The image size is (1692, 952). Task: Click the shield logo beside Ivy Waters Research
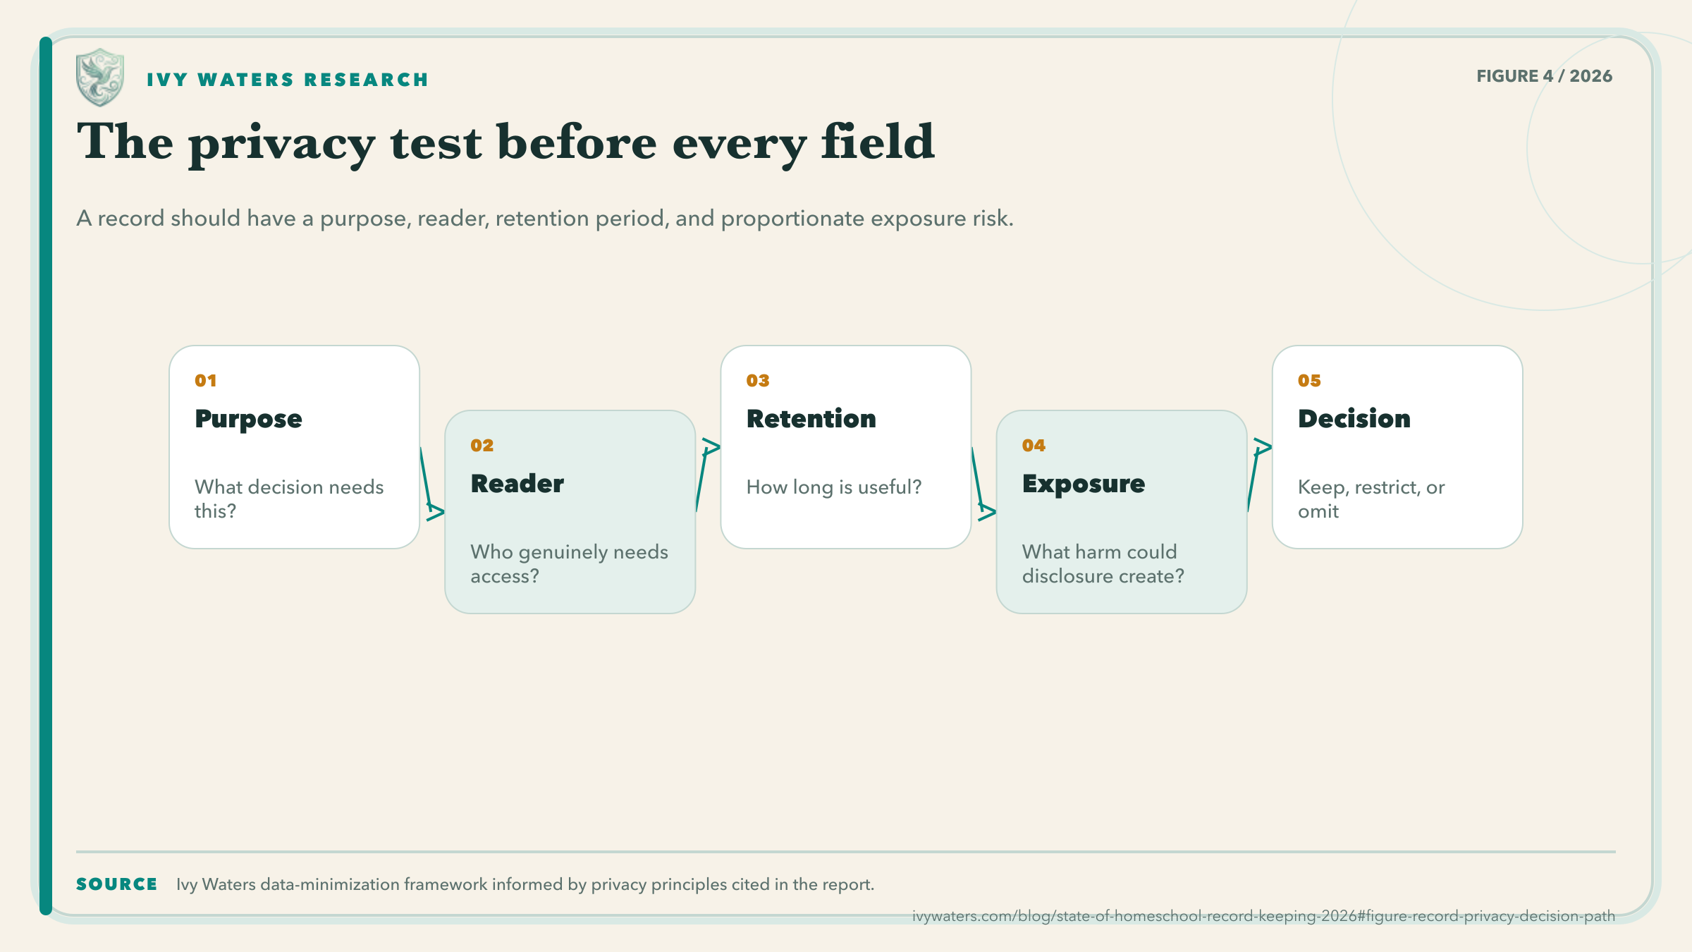pyautogui.click(x=100, y=77)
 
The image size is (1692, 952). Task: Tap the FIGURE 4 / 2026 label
pyautogui.click(x=1544, y=76)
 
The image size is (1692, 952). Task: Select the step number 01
pyautogui.click(x=206, y=381)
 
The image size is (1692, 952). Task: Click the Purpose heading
pyautogui.click(x=248, y=420)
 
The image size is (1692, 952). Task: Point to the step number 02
pyautogui.click(x=482, y=446)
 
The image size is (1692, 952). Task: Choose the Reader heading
pyautogui.click(x=517, y=484)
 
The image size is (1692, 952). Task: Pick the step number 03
pyautogui.click(x=758, y=381)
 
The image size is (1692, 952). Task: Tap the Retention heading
pyautogui.click(x=811, y=419)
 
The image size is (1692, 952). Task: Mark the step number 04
pyautogui.click(x=1034, y=446)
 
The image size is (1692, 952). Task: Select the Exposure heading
pyautogui.click(x=1084, y=484)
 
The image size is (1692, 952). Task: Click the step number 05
pyautogui.click(x=1309, y=381)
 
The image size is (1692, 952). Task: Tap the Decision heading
pyautogui.click(x=1354, y=419)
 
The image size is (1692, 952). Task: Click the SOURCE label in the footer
pyautogui.click(x=117, y=884)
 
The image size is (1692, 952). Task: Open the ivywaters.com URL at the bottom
pyautogui.click(x=1263, y=916)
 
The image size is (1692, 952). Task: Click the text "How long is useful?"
pyautogui.click(x=834, y=487)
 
